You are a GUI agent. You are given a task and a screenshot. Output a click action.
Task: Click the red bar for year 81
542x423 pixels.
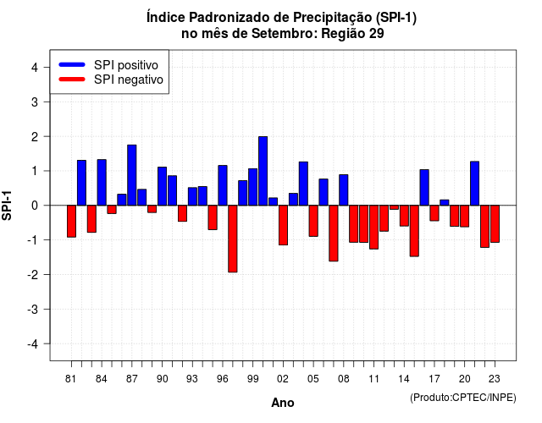point(71,222)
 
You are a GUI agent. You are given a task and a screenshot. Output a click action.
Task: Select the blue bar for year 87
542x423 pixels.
point(132,175)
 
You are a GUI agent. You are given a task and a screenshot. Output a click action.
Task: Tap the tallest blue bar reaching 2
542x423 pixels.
point(263,171)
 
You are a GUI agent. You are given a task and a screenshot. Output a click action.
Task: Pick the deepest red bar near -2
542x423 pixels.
point(233,239)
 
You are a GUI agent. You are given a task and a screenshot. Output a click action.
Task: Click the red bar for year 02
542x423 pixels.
point(283,225)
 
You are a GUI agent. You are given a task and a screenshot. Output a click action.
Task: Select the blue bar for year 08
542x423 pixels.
point(344,190)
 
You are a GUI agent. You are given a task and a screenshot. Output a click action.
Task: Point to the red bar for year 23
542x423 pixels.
point(495,223)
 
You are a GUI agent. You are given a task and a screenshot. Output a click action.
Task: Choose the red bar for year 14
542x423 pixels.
point(404,216)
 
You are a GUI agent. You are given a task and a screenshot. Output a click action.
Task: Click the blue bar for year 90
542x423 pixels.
point(162,186)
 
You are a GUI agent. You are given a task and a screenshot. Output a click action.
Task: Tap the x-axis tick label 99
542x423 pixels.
point(253,379)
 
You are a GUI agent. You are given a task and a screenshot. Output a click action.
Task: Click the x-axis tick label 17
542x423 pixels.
point(434,379)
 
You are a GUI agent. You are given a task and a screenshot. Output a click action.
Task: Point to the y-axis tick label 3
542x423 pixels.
point(35,102)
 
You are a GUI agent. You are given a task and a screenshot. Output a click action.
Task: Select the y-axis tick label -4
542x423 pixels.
point(33,344)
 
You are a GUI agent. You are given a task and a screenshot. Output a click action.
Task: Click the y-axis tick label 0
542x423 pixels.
point(35,206)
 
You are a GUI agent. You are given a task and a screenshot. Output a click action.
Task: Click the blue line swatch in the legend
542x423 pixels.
point(72,64)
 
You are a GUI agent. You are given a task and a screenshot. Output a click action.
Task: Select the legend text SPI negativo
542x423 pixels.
point(129,80)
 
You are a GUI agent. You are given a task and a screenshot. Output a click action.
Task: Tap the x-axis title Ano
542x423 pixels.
point(283,403)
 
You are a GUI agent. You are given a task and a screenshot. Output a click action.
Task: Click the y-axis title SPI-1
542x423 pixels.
point(7,206)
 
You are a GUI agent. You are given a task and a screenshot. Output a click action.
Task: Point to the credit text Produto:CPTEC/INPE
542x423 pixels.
point(463,398)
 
